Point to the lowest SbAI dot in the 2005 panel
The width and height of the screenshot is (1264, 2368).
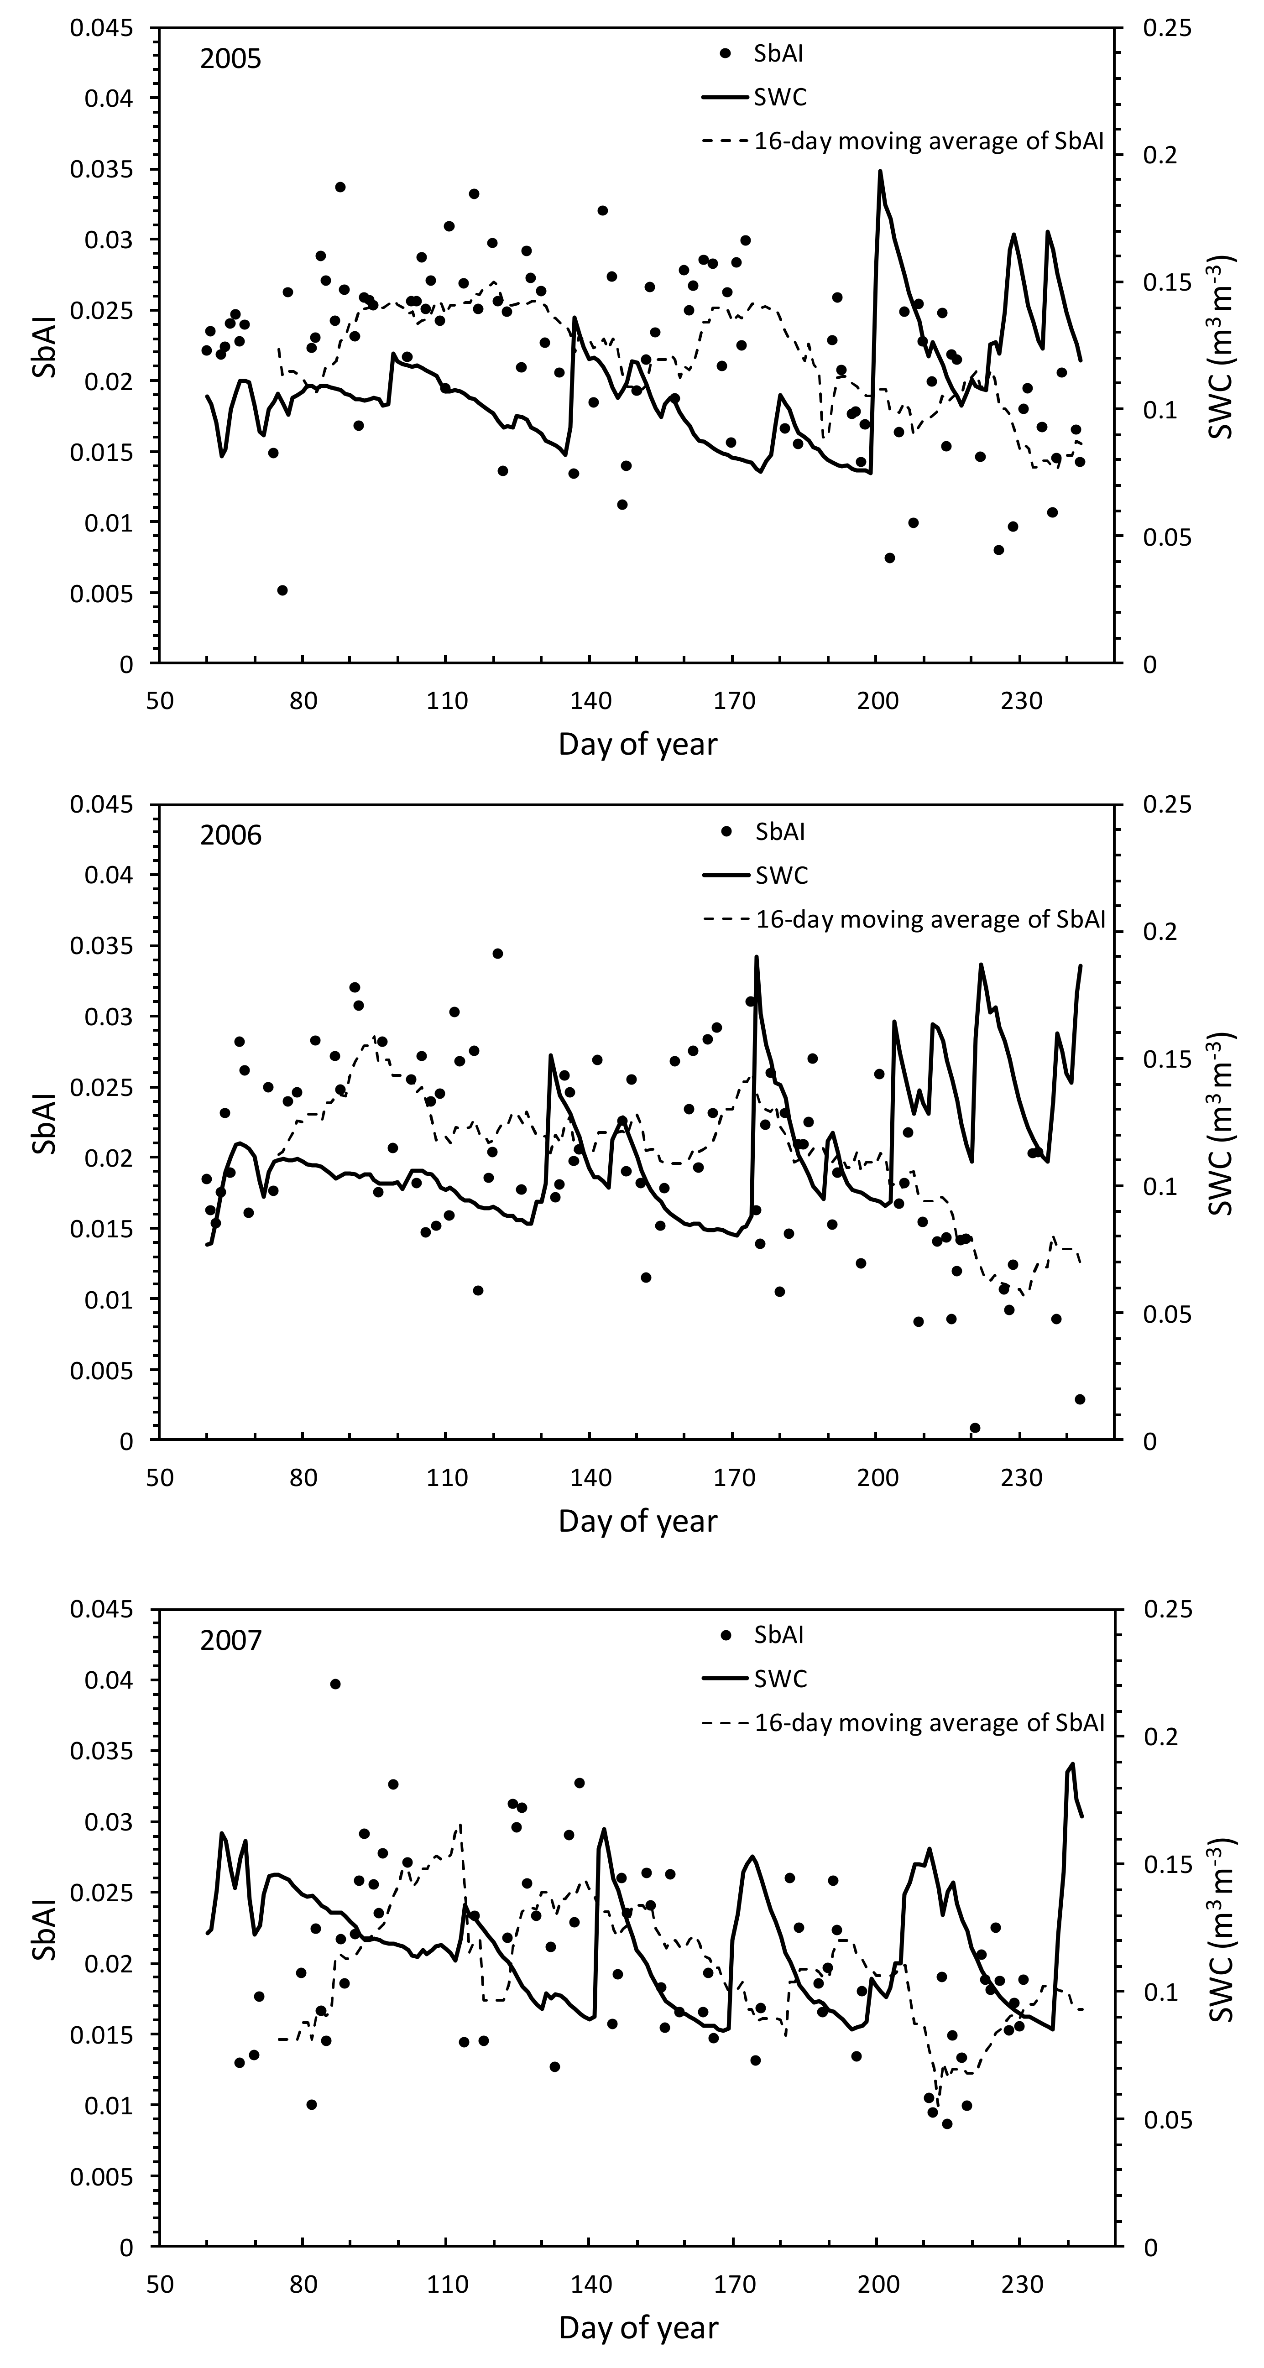[x=282, y=590]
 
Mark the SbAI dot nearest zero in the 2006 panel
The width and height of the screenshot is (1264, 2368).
[x=974, y=1428]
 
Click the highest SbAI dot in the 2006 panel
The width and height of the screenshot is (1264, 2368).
[x=497, y=953]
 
